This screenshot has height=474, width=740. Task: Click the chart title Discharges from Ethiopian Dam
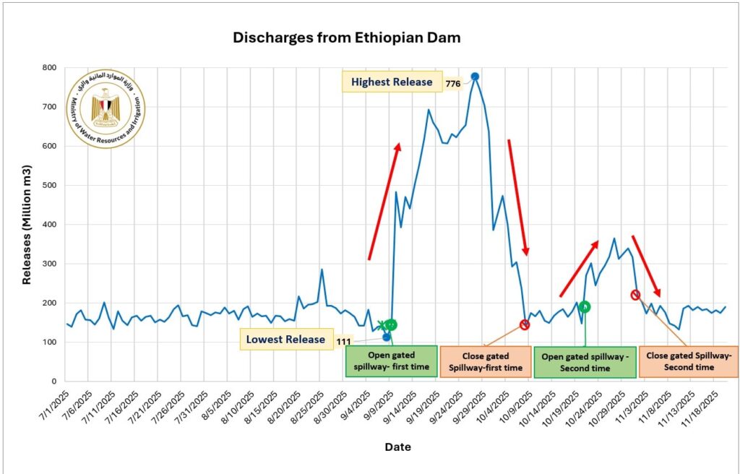click(x=346, y=38)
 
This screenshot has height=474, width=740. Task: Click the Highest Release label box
click(x=392, y=82)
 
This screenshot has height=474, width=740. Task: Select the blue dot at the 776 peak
click(x=475, y=77)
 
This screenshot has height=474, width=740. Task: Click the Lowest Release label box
click(x=285, y=340)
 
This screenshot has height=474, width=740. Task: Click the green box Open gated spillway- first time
click(x=391, y=361)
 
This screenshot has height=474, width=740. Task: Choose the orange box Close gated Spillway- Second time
click(x=688, y=361)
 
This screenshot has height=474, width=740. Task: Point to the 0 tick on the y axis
click(x=54, y=381)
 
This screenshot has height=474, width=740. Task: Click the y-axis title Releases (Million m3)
click(x=27, y=224)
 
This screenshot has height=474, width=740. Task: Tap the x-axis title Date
click(x=397, y=447)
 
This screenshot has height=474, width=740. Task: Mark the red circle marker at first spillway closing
click(x=525, y=324)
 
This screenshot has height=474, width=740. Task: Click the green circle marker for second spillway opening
click(x=585, y=307)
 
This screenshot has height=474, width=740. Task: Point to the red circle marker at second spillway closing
click(x=635, y=295)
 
